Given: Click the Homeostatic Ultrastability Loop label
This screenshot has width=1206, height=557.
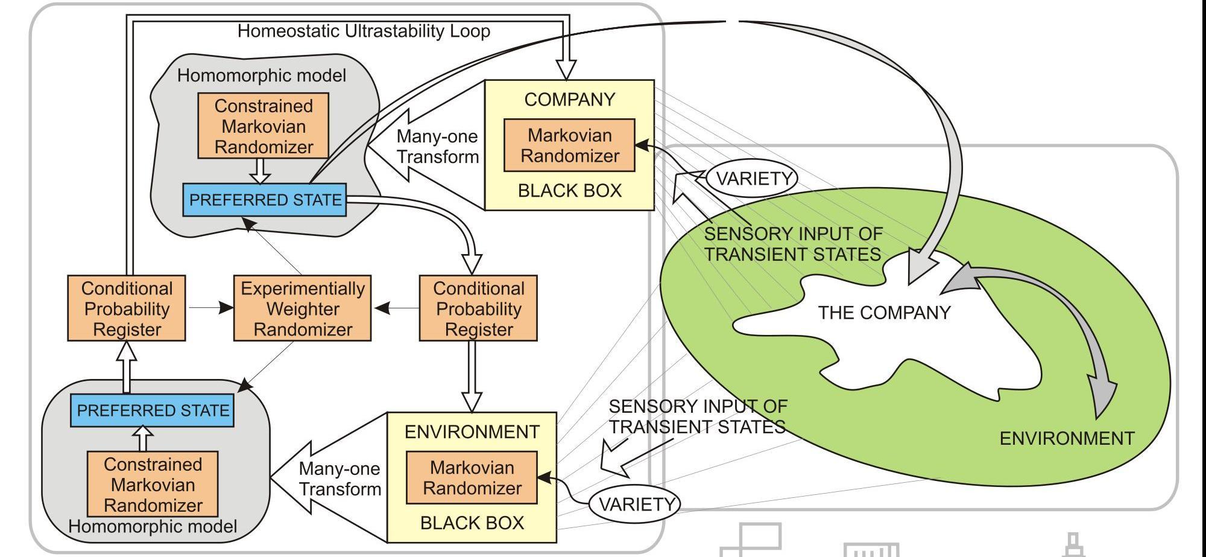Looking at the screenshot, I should click(364, 31).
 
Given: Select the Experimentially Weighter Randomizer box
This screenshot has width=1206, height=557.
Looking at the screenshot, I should click(303, 308).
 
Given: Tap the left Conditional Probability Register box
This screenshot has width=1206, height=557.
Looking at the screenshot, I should click(127, 308).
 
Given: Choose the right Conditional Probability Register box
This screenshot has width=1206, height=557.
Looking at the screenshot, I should click(478, 308).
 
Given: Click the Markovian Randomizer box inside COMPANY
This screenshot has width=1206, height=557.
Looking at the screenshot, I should click(569, 145).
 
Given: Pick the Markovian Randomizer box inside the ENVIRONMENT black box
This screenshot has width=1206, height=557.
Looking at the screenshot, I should click(472, 477).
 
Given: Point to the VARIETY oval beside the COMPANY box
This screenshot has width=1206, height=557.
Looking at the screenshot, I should click(753, 179).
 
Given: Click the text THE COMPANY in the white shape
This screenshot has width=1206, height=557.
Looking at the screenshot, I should click(884, 313).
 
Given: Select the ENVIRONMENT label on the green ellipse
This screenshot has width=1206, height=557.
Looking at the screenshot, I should click(1067, 438).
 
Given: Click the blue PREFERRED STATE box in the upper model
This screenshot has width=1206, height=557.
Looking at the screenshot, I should click(265, 200).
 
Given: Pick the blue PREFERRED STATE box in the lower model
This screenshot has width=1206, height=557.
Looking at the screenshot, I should click(153, 410).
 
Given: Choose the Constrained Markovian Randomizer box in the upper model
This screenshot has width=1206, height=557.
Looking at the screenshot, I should click(264, 126).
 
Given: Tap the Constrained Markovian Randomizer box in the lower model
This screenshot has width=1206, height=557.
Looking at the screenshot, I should click(153, 485).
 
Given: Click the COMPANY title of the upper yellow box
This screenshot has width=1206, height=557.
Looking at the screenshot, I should click(569, 100).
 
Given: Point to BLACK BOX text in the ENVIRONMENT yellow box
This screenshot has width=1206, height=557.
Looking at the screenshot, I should click(472, 523).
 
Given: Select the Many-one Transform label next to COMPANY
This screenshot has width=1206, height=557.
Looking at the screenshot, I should click(437, 147).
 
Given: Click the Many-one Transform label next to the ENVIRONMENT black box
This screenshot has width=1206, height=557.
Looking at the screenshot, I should click(339, 479).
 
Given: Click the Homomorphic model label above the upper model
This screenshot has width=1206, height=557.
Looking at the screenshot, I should click(261, 75).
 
